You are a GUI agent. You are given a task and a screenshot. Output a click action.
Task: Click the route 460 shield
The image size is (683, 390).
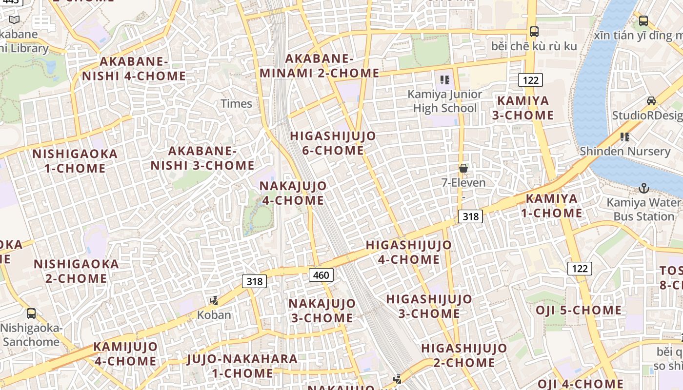(x=321, y=275)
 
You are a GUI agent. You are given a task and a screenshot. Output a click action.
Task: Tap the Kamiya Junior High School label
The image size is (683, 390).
(x=444, y=101)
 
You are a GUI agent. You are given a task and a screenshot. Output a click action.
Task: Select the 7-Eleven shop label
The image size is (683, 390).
(x=463, y=183)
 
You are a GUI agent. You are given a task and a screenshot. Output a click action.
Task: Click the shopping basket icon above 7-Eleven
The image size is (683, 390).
(x=463, y=169)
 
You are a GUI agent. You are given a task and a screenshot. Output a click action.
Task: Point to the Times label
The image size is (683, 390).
(x=236, y=103)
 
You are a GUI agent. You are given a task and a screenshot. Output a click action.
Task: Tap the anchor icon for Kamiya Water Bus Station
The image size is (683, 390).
(x=644, y=188)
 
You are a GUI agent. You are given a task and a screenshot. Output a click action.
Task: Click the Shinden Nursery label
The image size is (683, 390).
(x=625, y=151)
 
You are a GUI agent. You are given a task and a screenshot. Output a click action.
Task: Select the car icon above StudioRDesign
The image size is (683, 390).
(x=651, y=101)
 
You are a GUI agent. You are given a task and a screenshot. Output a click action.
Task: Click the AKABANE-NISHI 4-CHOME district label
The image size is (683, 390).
(x=134, y=69)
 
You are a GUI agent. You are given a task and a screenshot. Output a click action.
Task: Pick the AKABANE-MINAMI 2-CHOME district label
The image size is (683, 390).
(x=319, y=66)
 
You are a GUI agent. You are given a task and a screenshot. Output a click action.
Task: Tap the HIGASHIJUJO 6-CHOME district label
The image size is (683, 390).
(x=333, y=143)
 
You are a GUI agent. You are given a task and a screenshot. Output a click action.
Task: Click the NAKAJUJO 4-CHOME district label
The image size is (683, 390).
(x=293, y=193)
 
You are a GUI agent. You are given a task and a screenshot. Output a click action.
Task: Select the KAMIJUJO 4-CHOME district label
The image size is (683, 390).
(x=125, y=354)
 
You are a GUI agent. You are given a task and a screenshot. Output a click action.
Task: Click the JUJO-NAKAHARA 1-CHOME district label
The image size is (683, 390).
(x=242, y=366)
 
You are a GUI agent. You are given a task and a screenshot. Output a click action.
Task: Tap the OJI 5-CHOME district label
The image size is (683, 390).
(x=579, y=311)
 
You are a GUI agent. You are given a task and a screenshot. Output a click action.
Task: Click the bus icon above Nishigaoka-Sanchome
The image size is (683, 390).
(x=31, y=313)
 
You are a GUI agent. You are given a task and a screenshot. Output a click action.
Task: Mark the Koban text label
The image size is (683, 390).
(x=214, y=315)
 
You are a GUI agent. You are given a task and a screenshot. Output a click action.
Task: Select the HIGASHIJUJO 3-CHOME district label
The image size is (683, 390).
(x=429, y=306)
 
